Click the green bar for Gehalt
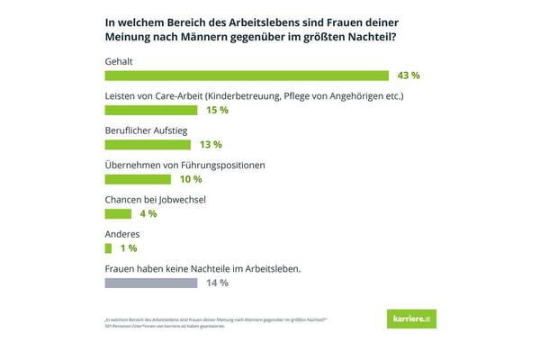tap(247, 76)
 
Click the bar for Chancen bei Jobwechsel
tap(119, 213)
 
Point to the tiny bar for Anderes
tap(108, 247)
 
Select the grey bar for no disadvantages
tap(151, 283)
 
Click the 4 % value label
tap(148, 213)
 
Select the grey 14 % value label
tap(217, 283)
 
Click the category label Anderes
tap(124, 233)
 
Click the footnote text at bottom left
tap(216, 322)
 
